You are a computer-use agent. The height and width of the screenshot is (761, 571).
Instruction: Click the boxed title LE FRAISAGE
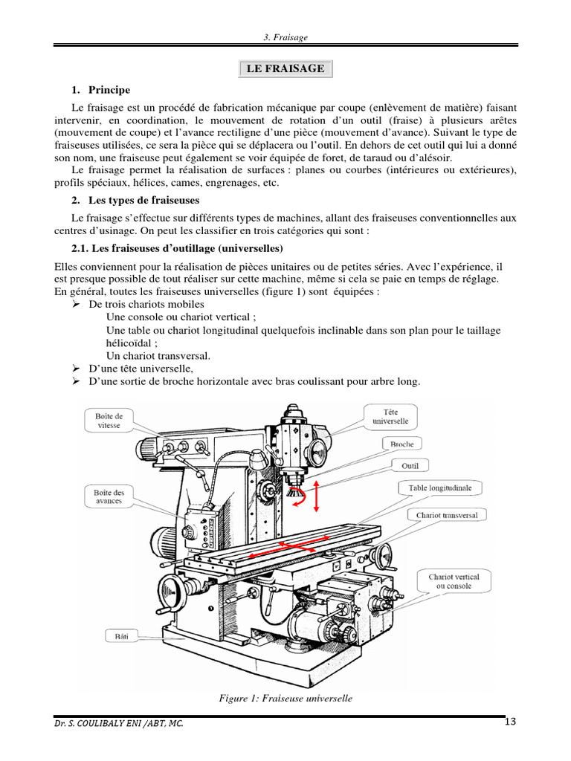coord(285,69)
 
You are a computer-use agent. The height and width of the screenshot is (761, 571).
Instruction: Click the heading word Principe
coord(109,90)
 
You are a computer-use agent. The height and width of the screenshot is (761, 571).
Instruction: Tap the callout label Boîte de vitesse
coord(109,421)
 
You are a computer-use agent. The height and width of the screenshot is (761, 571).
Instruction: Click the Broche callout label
coord(407,444)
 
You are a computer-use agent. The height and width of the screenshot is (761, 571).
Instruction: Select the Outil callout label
coord(410,466)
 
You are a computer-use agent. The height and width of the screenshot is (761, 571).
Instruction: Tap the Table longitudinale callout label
coord(445,488)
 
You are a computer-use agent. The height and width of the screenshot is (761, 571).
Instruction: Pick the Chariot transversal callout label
coord(447,514)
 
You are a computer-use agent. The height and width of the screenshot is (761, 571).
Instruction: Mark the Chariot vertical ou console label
coord(454,581)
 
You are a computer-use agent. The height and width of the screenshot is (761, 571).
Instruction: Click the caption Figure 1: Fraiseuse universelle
coord(285,698)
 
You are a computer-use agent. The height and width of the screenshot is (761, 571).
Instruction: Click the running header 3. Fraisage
coord(285,37)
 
